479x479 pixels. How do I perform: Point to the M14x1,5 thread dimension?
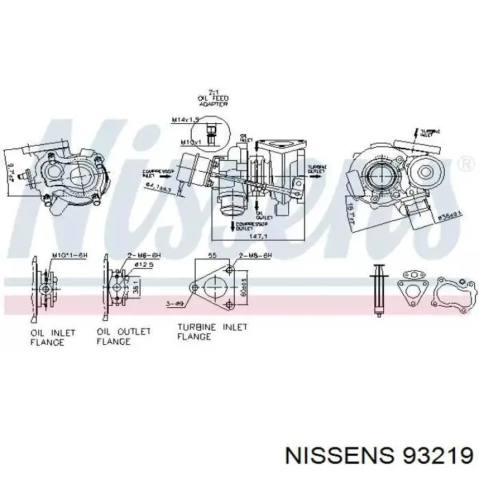185,120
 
